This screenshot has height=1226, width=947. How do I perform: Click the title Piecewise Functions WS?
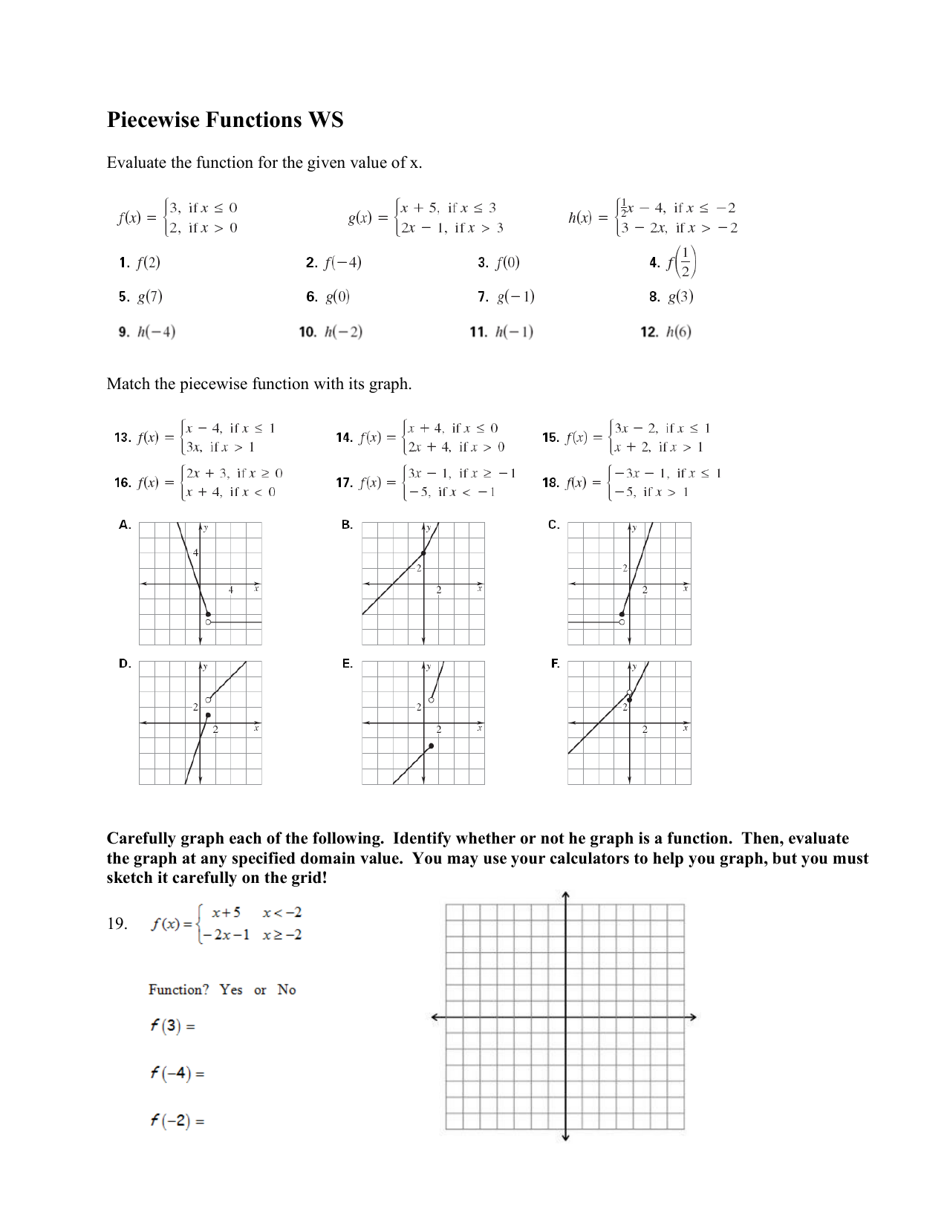[x=225, y=120]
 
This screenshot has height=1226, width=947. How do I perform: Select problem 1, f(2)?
[x=140, y=263]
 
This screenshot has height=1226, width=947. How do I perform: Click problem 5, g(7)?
[x=141, y=297]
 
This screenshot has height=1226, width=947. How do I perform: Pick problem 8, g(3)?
[x=671, y=297]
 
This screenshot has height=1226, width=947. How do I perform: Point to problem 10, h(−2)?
[x=331, y=332]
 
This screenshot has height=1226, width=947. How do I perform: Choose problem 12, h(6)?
[x=666, y=332]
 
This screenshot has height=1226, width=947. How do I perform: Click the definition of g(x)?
[x=426, y=218]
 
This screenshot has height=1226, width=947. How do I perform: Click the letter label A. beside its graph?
[x=125, y=525]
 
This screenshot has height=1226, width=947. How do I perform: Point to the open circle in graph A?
[x=208, y=622]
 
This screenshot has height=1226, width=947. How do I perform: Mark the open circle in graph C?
[x=622, y=622]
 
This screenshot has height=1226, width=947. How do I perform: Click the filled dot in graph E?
[x=432, y=746]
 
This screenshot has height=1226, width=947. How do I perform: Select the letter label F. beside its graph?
[x=555, y=664]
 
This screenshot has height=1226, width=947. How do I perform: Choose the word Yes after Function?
[x=231, y=990]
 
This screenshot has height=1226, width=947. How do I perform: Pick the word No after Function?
[x=287, y=990]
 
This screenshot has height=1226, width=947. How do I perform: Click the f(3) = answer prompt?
[x=172, y=1026]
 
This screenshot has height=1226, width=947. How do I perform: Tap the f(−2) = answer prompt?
[x=177, y=1121]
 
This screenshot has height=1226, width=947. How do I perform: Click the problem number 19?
[x=117, y=924]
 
